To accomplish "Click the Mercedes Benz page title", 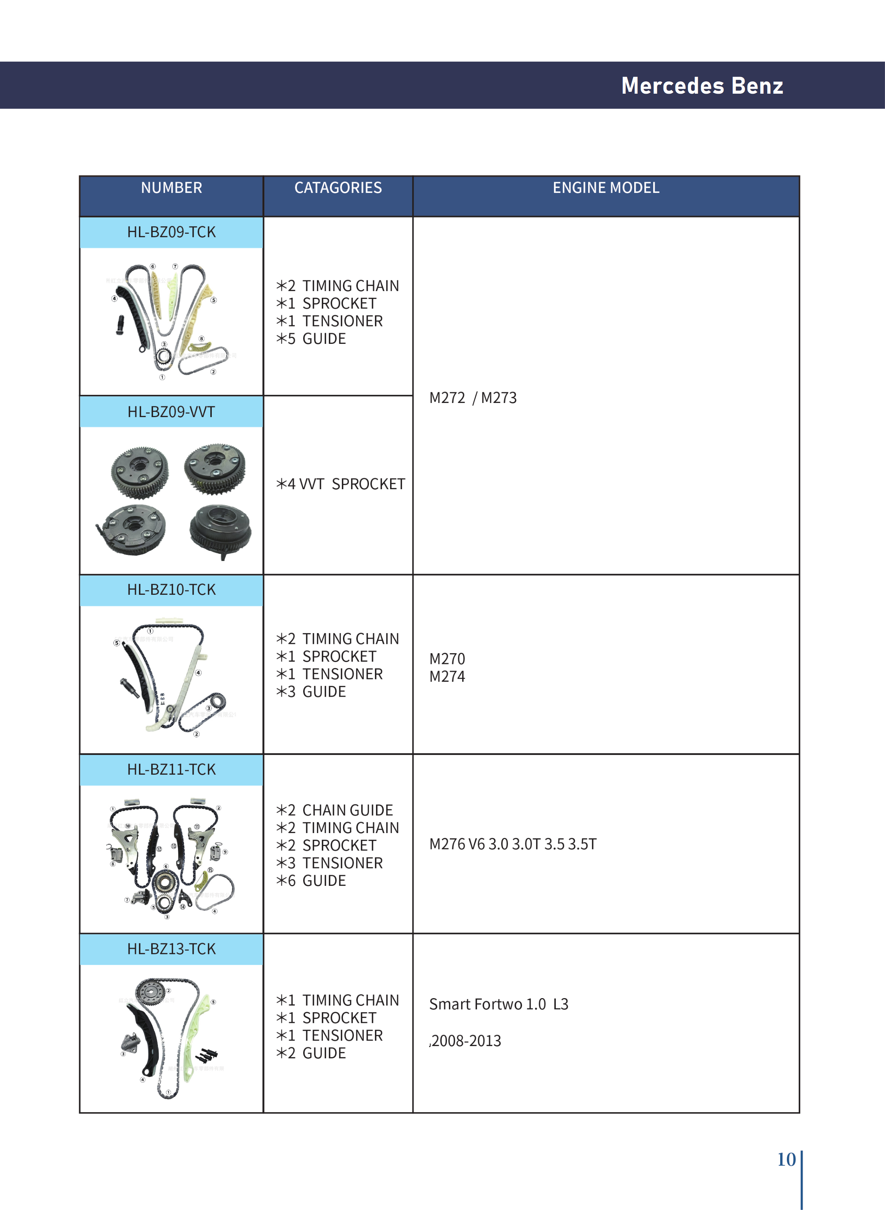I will (702, 86).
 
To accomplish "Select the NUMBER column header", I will (171, 188).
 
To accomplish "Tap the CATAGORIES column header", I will (338, 188).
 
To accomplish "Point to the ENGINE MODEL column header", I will (606, 188).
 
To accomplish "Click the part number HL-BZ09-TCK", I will (171, 232).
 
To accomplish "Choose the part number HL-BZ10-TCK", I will (171, 590).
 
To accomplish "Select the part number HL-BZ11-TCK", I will (171, 769).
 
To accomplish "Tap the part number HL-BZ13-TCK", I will (171, 949).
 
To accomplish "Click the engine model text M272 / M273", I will (473, 398).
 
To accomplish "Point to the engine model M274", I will (447, 676).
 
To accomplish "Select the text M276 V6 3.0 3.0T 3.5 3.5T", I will (513, 844).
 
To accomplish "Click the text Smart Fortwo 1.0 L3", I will (498, 1004).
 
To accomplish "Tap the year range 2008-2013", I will (466, 1040).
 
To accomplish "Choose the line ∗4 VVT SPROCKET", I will (341, 484).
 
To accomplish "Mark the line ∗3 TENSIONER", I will (330, 863).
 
